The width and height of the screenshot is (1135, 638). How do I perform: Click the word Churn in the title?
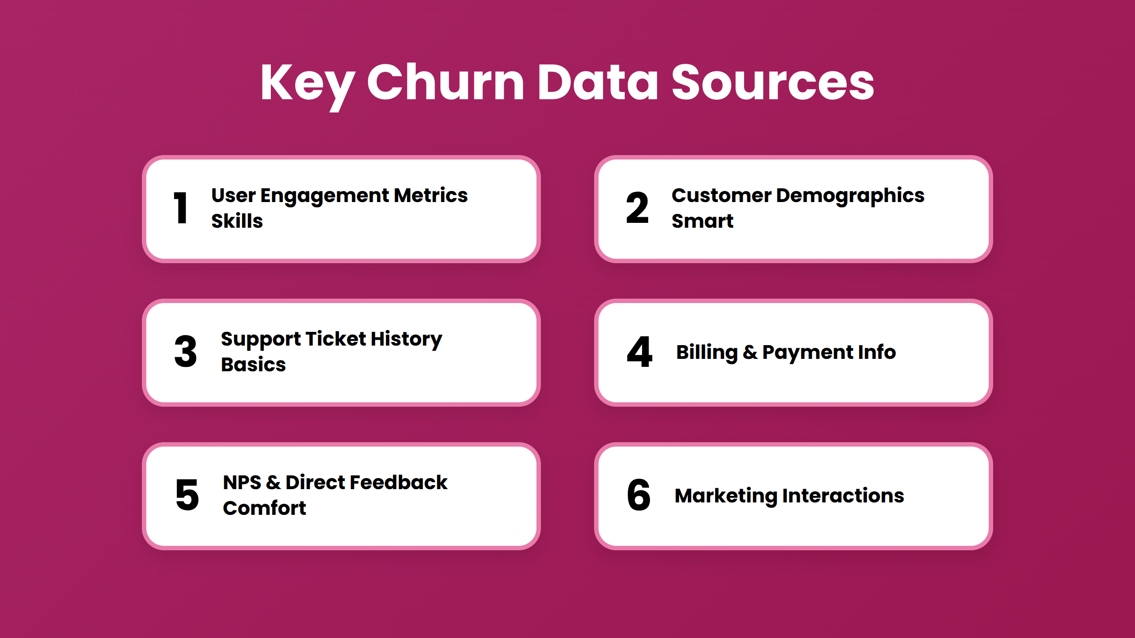click(446, 82)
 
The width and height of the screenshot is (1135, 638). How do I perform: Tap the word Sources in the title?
click(773, 82)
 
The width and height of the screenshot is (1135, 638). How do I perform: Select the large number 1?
click(181, 208)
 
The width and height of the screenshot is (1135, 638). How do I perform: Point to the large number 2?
click(637, 208)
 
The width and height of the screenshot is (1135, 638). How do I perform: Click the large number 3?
click(186, 351)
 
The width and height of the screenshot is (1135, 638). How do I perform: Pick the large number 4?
click(639, 351)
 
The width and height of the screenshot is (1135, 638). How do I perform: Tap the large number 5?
click(187, 495)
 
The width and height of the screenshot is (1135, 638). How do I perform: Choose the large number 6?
click(638, 495)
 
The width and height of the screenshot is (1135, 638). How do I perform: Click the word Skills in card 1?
click(237, 221)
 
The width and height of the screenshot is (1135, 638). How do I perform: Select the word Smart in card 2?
click(703, 221)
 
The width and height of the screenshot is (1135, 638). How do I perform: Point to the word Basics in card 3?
click(254, 364)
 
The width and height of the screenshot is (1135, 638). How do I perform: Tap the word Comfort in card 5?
click(265, 508)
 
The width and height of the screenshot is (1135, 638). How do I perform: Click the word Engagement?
click(325, 196)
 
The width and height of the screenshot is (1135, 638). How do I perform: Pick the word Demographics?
click(850, 196)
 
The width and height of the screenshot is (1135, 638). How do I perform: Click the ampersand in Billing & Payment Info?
click(750, 352)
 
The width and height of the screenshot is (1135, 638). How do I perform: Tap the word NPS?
click(242, 482)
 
